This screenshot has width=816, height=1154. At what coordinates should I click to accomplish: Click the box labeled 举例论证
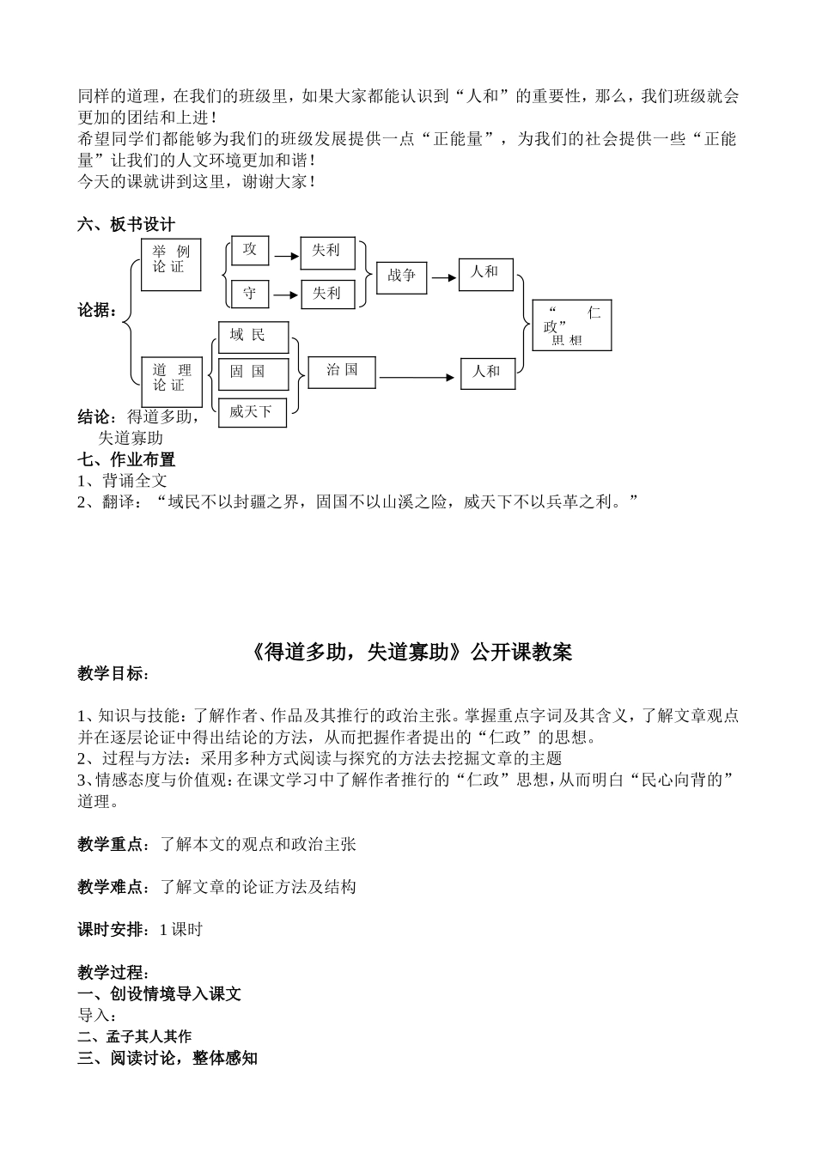[x=171, y=264]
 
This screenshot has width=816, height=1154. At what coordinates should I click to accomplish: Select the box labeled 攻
[x=250, y=250]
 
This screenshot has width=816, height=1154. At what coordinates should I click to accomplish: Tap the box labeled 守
[x=250, y=294]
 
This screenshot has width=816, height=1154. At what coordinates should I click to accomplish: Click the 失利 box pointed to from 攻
[x=326, y=252]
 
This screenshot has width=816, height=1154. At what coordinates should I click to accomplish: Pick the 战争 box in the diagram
[x=401, y=276]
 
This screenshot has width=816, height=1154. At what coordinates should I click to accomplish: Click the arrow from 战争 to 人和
[x=443, y=277]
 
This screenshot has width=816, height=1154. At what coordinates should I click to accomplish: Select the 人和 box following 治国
[x=488, y=373]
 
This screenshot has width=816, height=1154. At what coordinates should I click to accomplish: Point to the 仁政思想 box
[x=571, y=325]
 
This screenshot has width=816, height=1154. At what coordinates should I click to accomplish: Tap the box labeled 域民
[x=253, y=337]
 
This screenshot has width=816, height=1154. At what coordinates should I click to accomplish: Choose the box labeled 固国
[x=253, y=374]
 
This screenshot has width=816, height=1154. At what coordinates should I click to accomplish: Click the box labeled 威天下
[x=252, y=412]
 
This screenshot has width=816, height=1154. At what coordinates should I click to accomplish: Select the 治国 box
[x=342, y=372]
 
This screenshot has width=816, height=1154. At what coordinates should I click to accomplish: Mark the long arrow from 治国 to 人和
[x=417, y=377]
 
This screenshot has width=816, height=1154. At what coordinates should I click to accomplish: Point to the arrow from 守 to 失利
[x=284, y=295]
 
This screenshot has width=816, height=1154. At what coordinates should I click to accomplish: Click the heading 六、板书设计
[x=125, y=224]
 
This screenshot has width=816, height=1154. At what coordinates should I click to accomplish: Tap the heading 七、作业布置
[x=125, y=459]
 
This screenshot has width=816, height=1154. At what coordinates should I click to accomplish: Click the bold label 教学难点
[x=110, y=887]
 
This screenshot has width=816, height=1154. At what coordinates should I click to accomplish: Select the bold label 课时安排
[x=110, y=929]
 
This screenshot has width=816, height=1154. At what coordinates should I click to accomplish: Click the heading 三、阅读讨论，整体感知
[x=167, y=1058]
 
